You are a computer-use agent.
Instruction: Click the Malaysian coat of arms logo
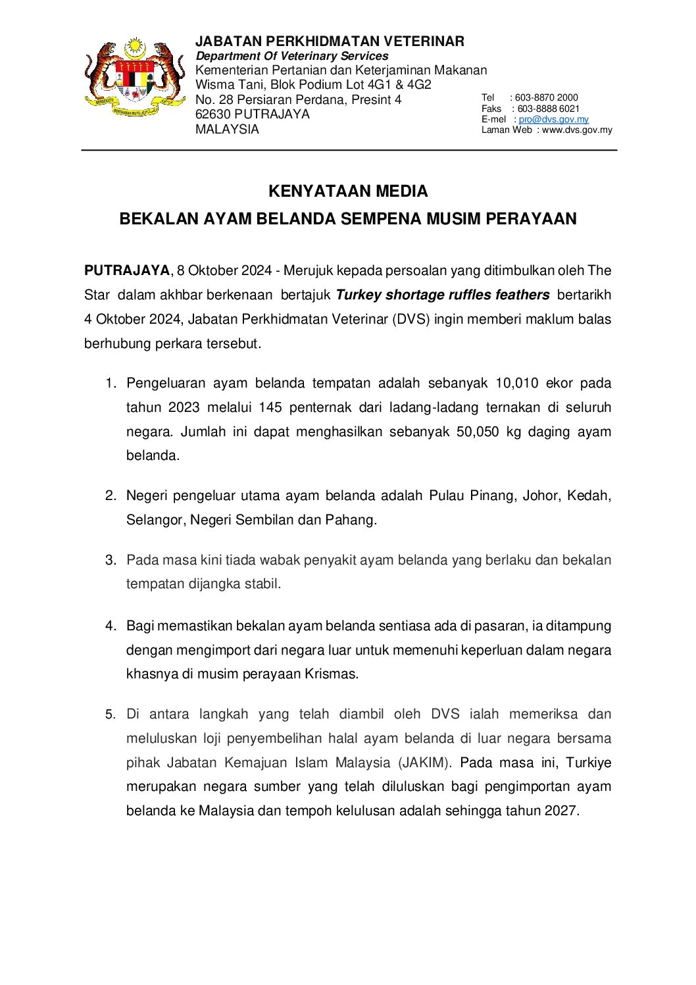click(135, 79)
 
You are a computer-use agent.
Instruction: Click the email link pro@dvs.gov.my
click(553, 119)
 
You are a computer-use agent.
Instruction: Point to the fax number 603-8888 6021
click(548, 109)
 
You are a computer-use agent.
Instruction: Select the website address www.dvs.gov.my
click(576, 130)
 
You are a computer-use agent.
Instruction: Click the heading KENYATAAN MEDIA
click(348, 191)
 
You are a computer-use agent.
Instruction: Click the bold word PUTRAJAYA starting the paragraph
click(127, 270)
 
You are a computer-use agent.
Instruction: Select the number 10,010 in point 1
click(516, 383)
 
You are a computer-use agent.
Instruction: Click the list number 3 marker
click(111, 560)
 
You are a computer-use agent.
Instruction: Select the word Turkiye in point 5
click(588, 763)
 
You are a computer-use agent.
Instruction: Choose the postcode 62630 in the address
click(212, 114)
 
